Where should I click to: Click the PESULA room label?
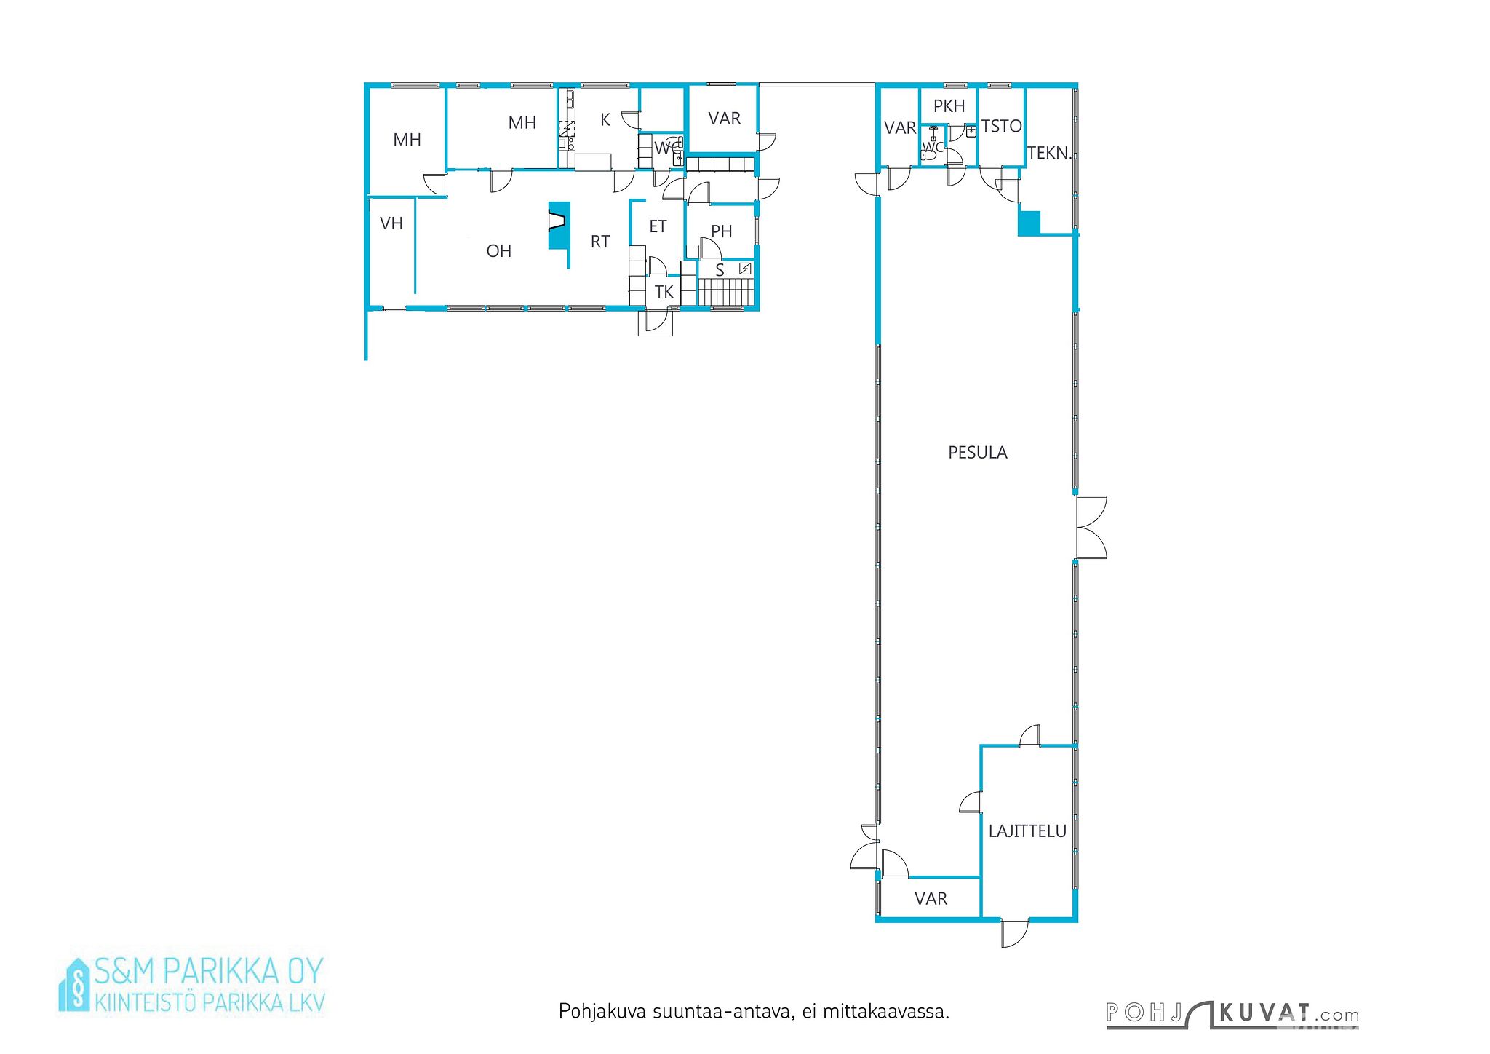coord(977,453)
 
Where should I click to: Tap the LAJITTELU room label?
coord(1027,831)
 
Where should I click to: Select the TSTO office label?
coord(1001,127)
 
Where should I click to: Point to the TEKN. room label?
coord(1049,153)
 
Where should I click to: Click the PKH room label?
coord(949,106)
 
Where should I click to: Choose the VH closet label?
coord(391,223)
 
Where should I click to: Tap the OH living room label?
coord(499,251)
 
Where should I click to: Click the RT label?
coord(600,242)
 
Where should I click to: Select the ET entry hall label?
coord(658,226)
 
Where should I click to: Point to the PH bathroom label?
coord(721,231)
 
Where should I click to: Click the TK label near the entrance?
coord(664,292)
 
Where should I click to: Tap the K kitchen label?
coord(605,120)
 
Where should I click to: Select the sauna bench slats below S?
coord(726,293)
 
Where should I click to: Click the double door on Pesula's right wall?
coord(1091,528)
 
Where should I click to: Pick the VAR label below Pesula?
coord(931,899)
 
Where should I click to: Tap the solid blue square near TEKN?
coord(1029,223)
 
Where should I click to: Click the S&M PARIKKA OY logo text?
coord(208,971)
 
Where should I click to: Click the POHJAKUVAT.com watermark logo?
coord(1232,1014)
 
